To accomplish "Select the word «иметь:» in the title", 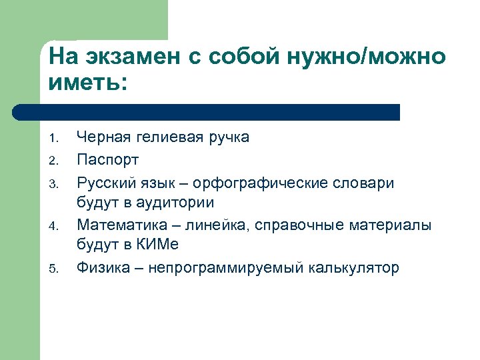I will [87, 84].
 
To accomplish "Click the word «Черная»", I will [101, 138].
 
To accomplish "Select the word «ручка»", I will [227, 138].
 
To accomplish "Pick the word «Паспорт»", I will [108, 160].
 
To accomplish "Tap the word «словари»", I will [367, 182].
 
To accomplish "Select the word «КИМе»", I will [158, 246].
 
